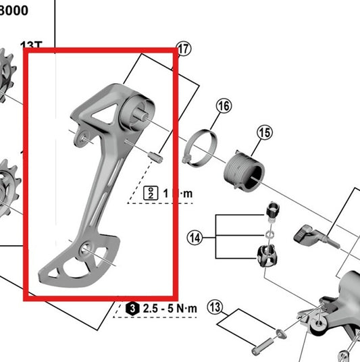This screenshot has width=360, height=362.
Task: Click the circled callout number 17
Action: pos(183,48)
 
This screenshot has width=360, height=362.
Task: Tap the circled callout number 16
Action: pos(224,105)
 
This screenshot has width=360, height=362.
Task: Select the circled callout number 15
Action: pos(264,133)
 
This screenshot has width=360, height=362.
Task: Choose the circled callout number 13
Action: pos(215,308)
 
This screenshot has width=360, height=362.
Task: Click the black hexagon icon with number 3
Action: pos(133,309)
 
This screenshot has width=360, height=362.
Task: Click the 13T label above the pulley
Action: pos(31,45)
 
